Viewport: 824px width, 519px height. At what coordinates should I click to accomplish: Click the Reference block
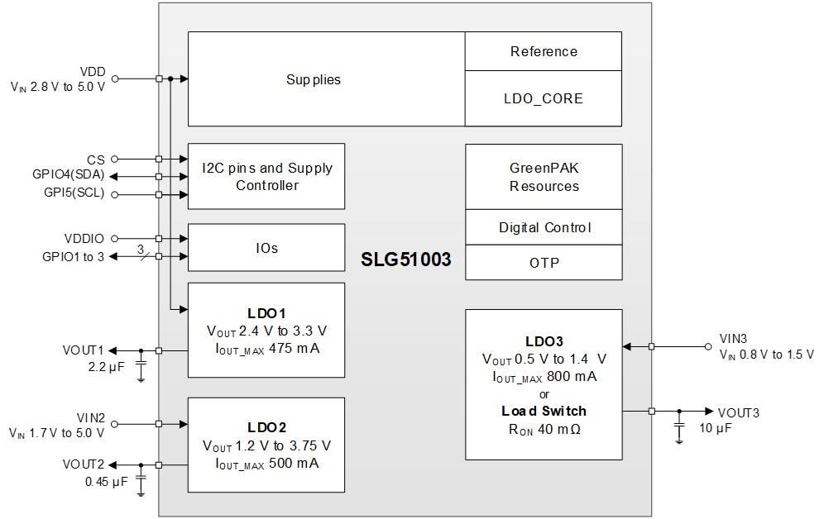[544, 51]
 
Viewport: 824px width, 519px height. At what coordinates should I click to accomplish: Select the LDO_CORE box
[544, 98]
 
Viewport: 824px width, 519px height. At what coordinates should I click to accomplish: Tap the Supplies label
[314, 80]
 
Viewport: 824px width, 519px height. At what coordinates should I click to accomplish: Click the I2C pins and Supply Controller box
[266, 176]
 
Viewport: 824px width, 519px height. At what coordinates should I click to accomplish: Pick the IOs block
[266, 248]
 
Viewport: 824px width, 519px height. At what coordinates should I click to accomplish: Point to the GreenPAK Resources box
[544, 177]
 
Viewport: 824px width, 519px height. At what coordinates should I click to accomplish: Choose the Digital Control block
[544, 227]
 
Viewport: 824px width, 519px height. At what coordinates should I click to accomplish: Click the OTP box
[544, 263]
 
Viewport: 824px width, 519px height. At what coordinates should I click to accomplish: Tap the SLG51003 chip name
[405, 259]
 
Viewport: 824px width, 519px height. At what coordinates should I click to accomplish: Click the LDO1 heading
[266, 314]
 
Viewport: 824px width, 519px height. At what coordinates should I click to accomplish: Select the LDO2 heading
[266, 428]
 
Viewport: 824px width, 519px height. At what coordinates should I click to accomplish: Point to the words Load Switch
[544, 411]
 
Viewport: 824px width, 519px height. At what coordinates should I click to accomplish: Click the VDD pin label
[93, 72]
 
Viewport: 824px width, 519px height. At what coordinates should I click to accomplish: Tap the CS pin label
[96, 159]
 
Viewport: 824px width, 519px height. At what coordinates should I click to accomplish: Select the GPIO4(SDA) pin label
[69, 176]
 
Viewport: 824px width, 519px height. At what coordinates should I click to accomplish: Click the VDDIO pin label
[84, 239]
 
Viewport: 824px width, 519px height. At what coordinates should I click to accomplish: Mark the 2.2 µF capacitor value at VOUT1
[106, 366]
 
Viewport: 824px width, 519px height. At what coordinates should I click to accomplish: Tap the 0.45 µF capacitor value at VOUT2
[107, 481]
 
